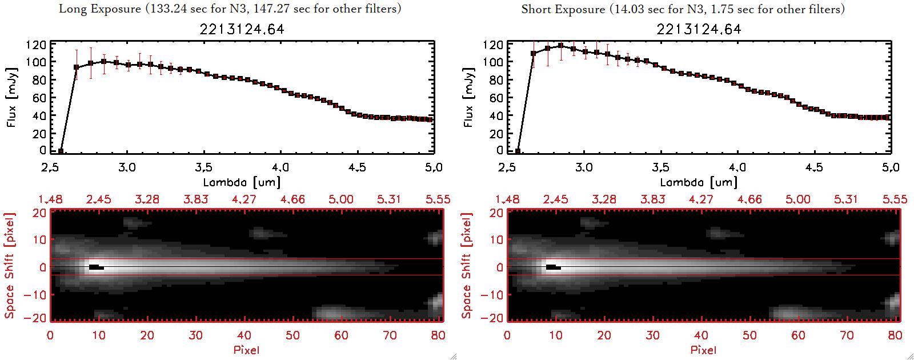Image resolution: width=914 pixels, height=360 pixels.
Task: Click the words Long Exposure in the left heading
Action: click(100, 9)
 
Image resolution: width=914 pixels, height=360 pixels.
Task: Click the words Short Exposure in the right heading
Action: click(563, 9)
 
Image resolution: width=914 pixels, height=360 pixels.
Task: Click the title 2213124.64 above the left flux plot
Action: click(242, 29)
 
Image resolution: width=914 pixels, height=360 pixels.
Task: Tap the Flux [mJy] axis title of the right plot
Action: click(469, 98)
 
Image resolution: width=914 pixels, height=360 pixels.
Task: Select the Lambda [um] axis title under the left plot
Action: click(242, 182)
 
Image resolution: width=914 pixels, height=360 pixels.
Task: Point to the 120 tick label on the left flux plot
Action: click(36, 45)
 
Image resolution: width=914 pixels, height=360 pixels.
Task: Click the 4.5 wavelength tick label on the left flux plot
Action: click(357, 167)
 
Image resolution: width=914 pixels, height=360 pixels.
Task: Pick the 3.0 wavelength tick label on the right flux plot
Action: click(584, 167)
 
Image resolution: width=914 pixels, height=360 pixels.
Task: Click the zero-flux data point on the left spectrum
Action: click(61, 151)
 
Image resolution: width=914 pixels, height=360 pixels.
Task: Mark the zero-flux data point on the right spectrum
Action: click(518, 151)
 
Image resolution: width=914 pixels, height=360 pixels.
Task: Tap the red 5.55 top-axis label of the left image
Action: click(438, 199)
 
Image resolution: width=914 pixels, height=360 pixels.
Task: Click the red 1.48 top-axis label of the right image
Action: click(507, 199)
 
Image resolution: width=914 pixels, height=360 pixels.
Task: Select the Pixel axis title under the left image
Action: click(246, 350)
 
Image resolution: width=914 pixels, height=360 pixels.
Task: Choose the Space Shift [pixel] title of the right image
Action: click(467, 266)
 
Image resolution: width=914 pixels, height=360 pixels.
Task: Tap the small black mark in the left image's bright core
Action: click(96, 267)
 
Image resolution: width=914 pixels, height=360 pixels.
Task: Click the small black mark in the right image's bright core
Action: click(553, 267)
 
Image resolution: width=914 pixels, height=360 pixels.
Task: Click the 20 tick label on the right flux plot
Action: click(496, 134)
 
